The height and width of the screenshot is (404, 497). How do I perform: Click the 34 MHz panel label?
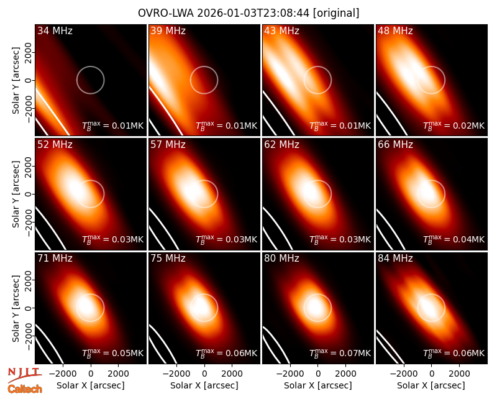55,30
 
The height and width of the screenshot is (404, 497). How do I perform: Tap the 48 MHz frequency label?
395,30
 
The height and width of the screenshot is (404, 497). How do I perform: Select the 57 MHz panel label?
168,145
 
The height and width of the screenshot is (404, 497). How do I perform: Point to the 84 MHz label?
395,259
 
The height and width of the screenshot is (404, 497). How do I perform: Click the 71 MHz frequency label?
55,259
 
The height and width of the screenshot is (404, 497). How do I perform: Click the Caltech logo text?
25,389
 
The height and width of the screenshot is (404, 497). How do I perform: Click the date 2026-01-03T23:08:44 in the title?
253,13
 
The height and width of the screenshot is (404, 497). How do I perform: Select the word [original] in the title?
336,13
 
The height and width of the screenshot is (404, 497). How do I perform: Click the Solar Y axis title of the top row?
16,81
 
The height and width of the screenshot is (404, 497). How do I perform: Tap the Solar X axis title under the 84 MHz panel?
431,385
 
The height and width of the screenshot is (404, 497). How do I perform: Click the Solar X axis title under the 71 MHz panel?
91,385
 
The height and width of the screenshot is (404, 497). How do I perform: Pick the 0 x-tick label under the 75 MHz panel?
204,374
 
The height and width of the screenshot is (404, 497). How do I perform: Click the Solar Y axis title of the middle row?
16,194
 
